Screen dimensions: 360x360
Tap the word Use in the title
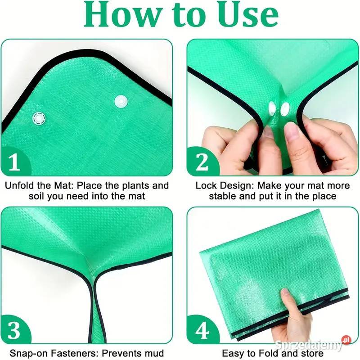coord(248,14)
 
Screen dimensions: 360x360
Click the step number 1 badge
coord(15,162)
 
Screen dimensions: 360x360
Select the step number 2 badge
coord(202,162)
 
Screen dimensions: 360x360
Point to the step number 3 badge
coord(14,330)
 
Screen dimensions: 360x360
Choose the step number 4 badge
coord(202,330)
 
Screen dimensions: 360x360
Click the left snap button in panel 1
coord(39,118)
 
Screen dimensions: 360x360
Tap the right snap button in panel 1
coord(121,101)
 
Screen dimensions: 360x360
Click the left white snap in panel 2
coord(272,108)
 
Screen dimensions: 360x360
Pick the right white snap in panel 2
coord(285,109)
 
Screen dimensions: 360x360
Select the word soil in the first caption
coord(37,196)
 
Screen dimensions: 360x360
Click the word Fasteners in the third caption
coord(74,353)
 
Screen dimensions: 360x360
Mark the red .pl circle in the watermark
coord(346,340)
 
